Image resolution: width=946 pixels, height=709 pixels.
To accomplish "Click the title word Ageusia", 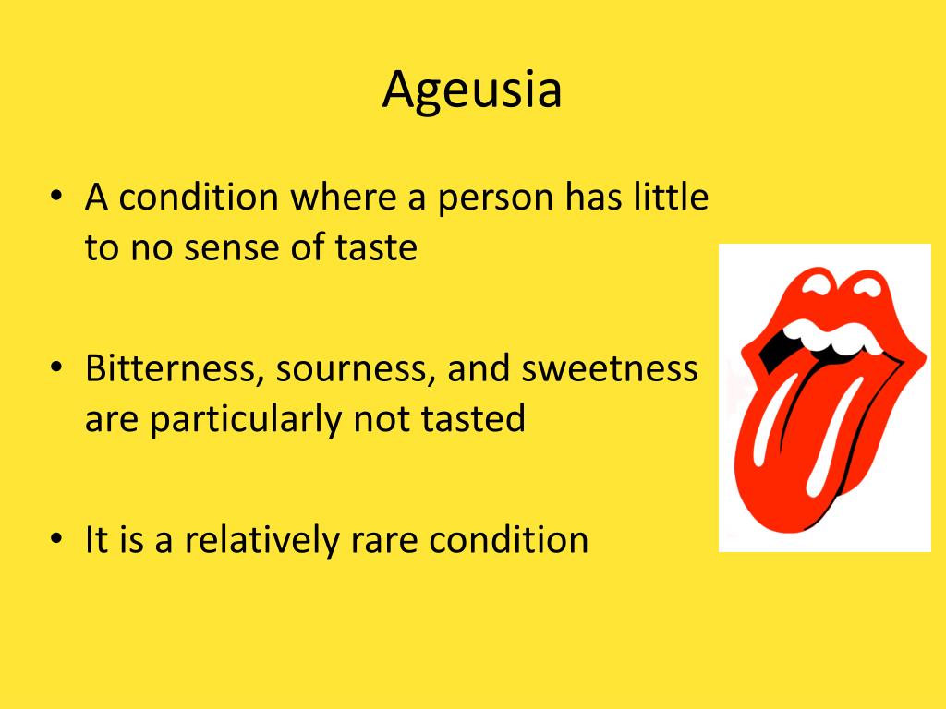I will pyautogui.click(x=472, y=90).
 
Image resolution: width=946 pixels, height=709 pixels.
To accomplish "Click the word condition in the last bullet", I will pyautogui.click(x=509, y=540).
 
